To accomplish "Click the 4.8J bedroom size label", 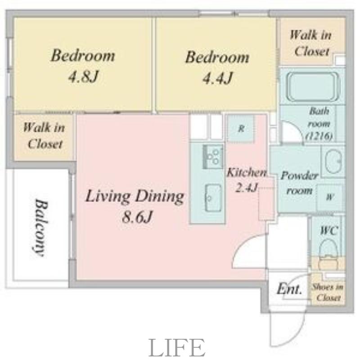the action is click(84, 76).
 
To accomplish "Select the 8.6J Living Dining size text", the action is click(137, 217).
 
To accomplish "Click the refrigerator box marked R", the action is click(241, 129).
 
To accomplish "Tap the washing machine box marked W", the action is click(330, 197).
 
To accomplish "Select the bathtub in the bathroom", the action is click(314, 86).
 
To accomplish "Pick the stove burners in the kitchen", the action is click(213, 157).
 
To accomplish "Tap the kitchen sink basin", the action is click(213, 198).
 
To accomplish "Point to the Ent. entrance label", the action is click(289, 289).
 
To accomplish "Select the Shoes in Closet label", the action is click(328, 292).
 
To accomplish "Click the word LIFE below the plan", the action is click(177, 347).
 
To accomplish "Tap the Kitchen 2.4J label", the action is click(247, 180).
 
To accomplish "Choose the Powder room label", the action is click(299, 183).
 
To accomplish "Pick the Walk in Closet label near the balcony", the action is click(44, 136).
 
